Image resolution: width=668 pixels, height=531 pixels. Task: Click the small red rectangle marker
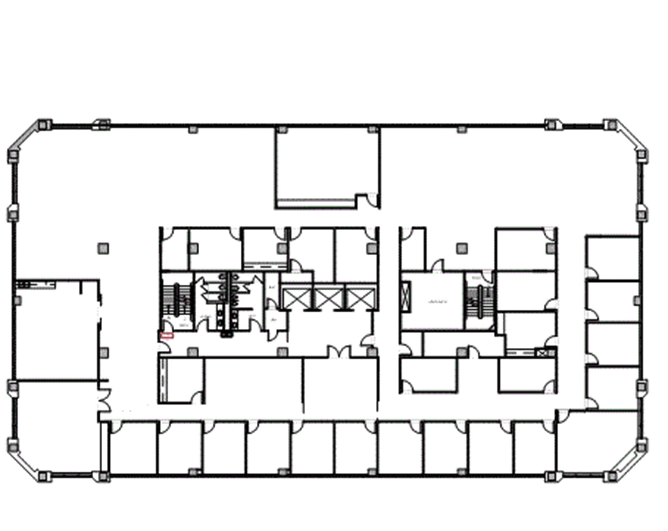coord(167,335)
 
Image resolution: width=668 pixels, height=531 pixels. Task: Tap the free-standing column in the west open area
coord(103,249)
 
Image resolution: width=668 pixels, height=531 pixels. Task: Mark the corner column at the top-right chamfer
coord(609,125)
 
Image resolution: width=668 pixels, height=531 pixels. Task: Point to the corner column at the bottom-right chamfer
coord(609,477)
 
